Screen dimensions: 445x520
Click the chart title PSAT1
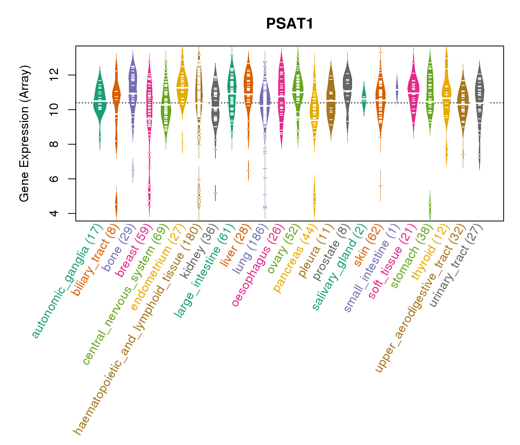290,24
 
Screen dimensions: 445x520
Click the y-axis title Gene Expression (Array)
25,134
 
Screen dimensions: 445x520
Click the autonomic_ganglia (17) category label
67,282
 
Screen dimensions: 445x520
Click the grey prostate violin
348,89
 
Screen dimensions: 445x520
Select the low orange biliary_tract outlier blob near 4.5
116,204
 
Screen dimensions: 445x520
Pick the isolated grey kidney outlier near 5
215,193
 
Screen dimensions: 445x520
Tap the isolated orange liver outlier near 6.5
248,171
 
